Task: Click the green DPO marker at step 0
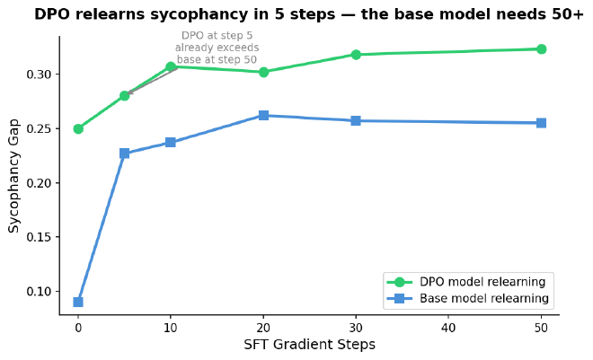78,128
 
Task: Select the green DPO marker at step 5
124,95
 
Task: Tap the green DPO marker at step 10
171,66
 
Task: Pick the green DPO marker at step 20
263,72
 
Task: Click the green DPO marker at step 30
356,55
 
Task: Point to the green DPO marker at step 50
541,49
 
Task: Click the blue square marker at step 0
78,302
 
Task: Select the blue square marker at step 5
124,154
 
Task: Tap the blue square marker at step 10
171,142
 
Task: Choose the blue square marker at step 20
263,115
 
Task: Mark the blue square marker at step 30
356,120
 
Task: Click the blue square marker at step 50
541,123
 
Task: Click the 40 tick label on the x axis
448,329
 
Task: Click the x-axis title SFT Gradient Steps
309,345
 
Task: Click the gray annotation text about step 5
217,48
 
